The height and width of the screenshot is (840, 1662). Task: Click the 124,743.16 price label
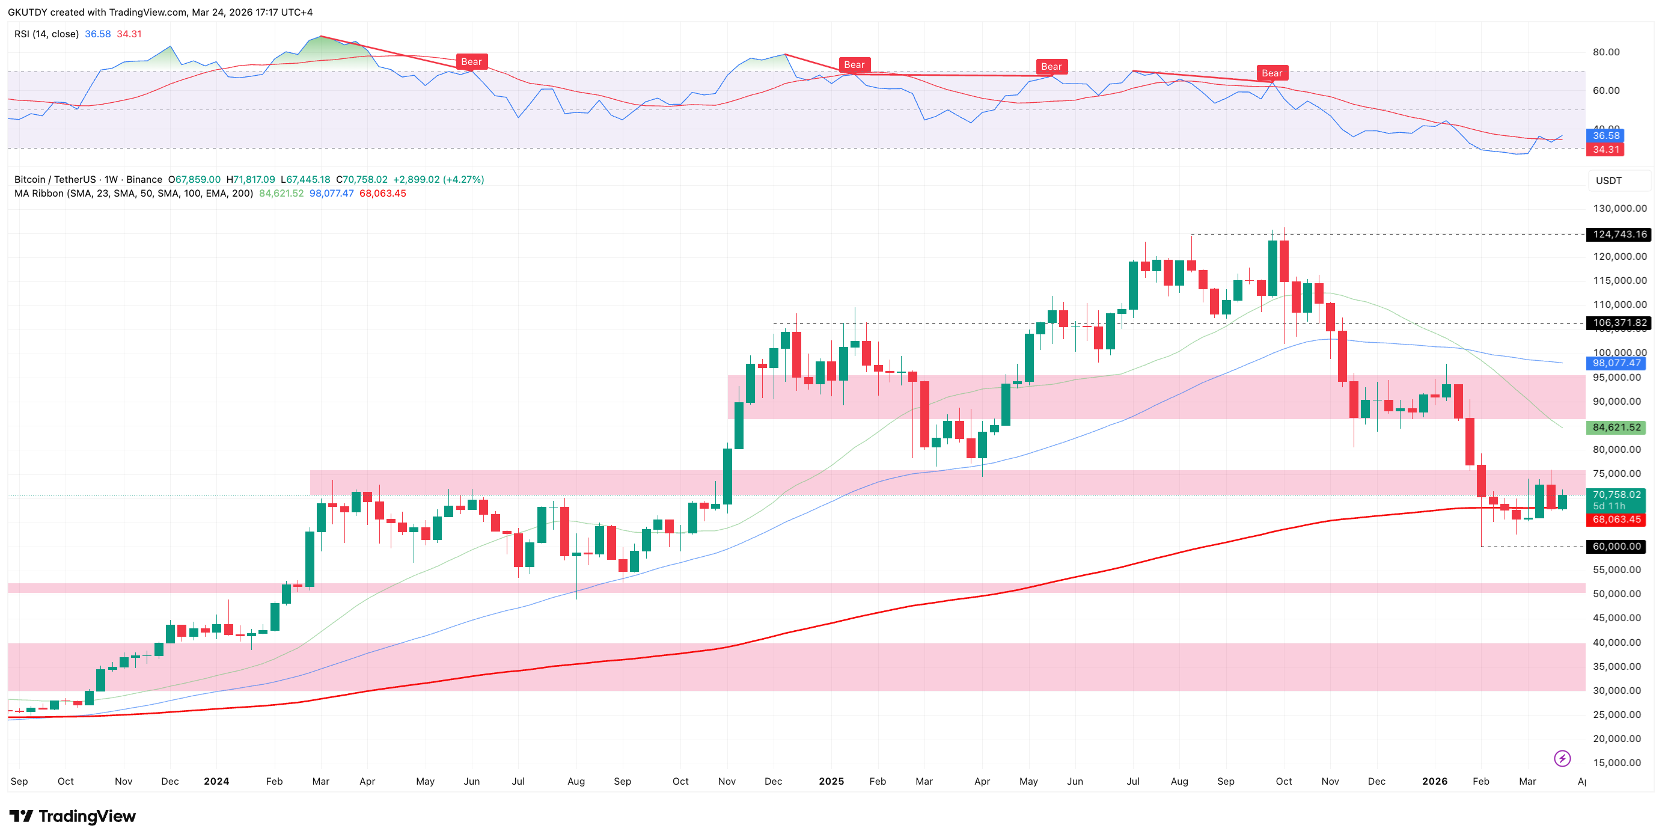click(x=1619, y=234)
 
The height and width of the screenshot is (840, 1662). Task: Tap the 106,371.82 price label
click(x=1619, y=322)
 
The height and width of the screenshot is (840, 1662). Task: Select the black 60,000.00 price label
click(x=1616, y=547)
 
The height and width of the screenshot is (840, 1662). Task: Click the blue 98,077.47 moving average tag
click(x=1616, y=363)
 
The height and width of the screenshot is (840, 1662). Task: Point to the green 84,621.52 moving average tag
click(x=1616, y=427)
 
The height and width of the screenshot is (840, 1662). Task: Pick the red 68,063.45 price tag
click(x=1616, y=520)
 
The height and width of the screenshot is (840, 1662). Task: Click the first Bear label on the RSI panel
click(x=471, y=62)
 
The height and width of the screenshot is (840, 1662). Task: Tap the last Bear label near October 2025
click(x=1272, y=73)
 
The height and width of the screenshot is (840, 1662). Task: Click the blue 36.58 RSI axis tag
click(x=1606, y=135)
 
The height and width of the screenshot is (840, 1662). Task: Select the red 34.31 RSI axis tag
click(x=1606, y=150)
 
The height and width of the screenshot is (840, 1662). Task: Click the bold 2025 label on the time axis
click(x=831, y=781)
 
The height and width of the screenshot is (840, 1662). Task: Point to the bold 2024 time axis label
click(x=216, y=781)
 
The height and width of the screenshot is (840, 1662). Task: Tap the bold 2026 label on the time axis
click(x=1434, y=781)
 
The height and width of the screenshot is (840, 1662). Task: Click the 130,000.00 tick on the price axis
click(x=1619, y=209)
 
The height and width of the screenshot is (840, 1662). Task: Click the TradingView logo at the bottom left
click(x=72, y=816)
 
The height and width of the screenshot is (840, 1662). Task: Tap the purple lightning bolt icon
click(x=1562, y=758)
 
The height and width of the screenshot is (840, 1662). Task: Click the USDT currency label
click(x=1609, y=180)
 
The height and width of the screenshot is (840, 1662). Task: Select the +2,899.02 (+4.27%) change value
click(x=438, y=179)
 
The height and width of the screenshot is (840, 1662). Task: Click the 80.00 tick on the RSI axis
click(x=1606, y=52)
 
